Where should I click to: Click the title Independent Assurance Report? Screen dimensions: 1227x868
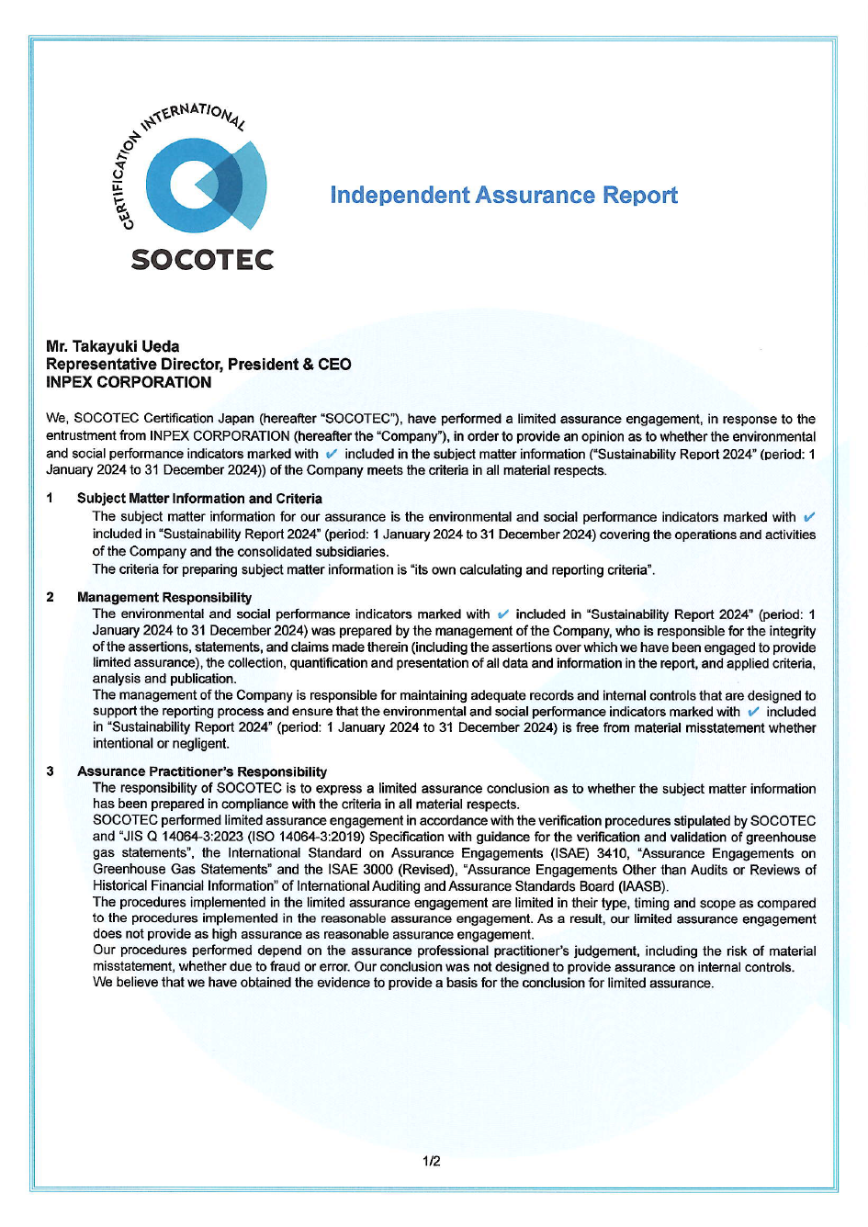point(503,196)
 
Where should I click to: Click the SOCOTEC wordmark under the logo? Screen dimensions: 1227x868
point(202,260)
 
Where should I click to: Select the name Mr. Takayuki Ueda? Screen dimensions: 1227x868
point(112,346)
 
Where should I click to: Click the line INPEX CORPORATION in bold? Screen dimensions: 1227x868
point(129,382)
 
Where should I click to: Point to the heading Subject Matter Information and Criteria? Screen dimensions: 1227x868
point(199,498)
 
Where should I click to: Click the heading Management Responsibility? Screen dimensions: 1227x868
point(164,597)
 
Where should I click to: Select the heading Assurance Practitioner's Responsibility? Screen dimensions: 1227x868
point(202,771)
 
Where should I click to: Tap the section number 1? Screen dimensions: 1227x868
point(50,498)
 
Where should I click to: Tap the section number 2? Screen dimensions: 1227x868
point(50,597)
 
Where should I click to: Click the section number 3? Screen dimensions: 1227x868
point(50,771)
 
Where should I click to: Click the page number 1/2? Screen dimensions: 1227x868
point(432,1161)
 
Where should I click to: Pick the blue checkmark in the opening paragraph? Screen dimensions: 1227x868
point(332,454)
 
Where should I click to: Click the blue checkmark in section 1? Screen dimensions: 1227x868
point(808,517)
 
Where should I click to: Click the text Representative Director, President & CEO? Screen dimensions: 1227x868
point(198,365)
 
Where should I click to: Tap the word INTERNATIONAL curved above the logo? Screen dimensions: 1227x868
point(193,116)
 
